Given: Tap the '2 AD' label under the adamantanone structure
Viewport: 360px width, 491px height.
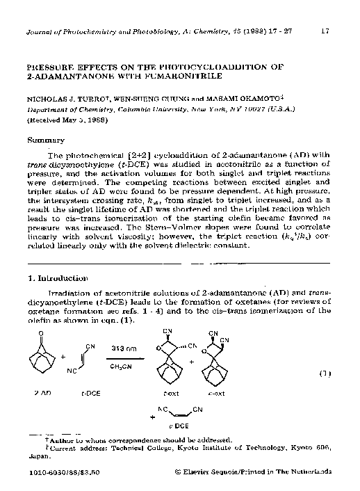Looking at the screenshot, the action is (44, 394).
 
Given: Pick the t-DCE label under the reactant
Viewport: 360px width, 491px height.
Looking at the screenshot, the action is (91, 394).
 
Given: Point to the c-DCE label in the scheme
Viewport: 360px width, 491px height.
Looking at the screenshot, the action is (181, 424).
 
